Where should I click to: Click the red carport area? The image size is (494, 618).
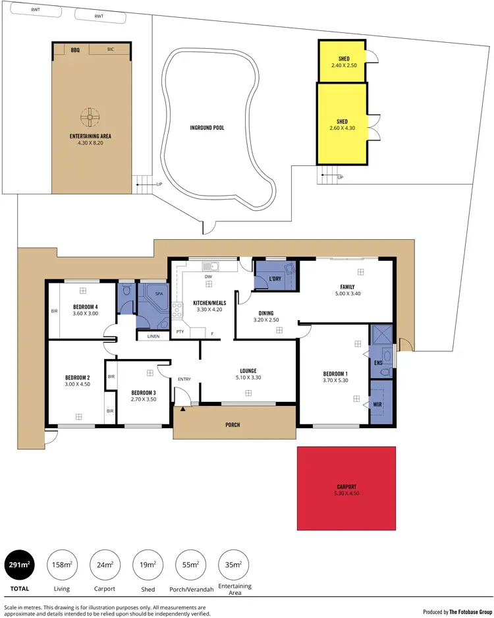coord(346,488)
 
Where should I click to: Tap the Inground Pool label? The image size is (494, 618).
coord(207,127)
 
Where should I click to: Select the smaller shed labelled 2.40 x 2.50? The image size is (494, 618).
coord(342,61)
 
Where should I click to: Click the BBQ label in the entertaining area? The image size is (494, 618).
coord(75,49)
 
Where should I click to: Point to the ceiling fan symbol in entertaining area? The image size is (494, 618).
coord(90,117)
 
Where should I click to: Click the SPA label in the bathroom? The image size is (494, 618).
coord(159,293)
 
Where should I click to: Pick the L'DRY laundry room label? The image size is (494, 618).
coord(275,279)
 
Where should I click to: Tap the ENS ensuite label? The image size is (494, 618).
coord(377,362)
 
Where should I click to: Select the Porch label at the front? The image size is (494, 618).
coord(232,425)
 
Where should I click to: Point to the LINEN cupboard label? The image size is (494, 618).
coord(153,337)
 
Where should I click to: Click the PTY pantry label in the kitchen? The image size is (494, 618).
coord(180,331)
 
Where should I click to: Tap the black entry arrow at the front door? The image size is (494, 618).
coord(182,409)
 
